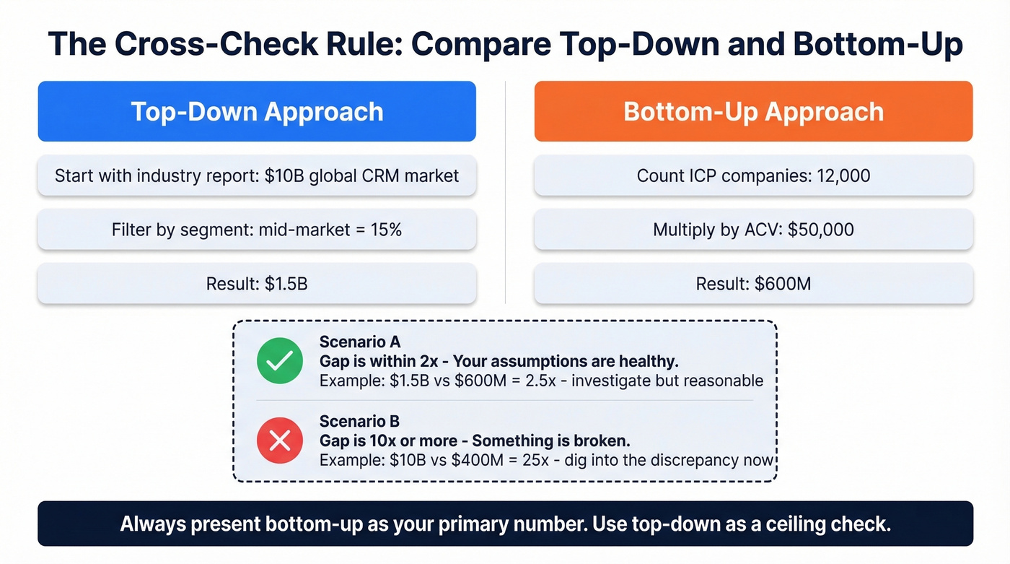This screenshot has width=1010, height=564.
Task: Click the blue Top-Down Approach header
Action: (x=257, y=111)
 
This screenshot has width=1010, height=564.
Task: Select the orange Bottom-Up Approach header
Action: (x=753, y=111)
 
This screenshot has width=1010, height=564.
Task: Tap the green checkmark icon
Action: (x=280, y=360)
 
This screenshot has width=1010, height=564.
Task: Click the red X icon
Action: (x=280, y=440)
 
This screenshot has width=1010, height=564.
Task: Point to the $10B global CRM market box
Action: (x=257, y=175)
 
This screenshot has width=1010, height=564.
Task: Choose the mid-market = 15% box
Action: (x=257, y=230)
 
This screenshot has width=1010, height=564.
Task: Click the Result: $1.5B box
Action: (x=257, y=283)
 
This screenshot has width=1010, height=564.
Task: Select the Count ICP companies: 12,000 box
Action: (x=753, y=175)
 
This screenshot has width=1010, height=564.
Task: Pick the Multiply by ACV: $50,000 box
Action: (x=753, y=230)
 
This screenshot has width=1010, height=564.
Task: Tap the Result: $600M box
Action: (x=753, y=283)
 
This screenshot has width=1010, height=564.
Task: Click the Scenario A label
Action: (x=359, y=342)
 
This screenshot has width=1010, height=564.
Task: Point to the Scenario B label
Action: (x=359, y=421)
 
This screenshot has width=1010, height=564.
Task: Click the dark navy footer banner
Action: (x=505, y=524)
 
